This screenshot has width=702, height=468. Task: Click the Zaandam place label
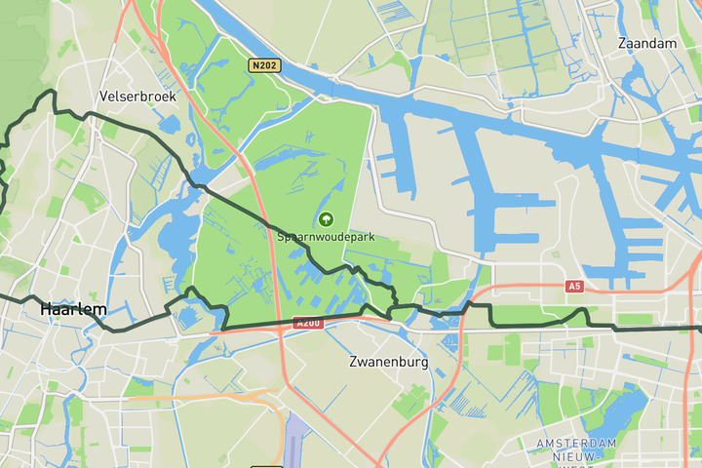click(647, 44)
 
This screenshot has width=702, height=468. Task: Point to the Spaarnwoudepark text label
click(326, 237)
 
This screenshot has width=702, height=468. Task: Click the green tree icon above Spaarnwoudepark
click(326, 219)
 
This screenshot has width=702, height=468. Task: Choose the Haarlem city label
click(73, 309)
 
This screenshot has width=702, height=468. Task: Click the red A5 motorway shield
click(575, 287)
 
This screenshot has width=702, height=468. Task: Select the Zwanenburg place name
click(389, 362)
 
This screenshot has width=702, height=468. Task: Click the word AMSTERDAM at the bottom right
click(576, 444)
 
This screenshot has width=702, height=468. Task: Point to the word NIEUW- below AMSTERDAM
click(576, 456)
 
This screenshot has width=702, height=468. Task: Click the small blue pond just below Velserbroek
click(168, 125)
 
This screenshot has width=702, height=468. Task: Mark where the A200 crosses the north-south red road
click(281, 328)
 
